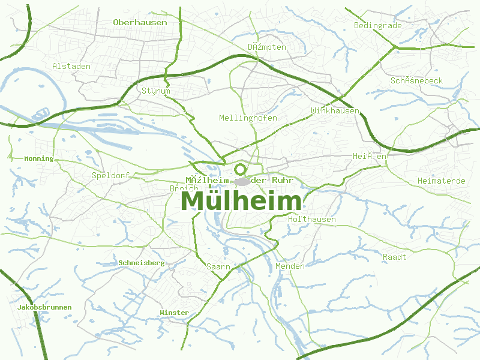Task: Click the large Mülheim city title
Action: pyautogui.click(x=241, y=201)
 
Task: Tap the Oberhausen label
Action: pyautogui.click(x=140, y=22)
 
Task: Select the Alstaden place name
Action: pyautogui.click(x=71, y=66)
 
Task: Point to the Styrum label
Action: pyautogui.click(x=156, y=91)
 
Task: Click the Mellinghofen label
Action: pyautogui.click(x=248, y=118)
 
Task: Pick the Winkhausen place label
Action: pyautogui.click(x=335, y=111)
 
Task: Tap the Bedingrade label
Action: pyautogui.click(x=377, y=26)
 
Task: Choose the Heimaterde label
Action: pyautogui.click(x=442, y=181)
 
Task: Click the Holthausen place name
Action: pyautogui.click(x=312, y=220)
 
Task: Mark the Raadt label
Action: pyautogui.click(x=394, y=257)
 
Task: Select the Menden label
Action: pyautogui.click(x=290, y=266)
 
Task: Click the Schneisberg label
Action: pyautogui.click(x=142, y=263)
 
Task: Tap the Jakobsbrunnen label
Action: pyautogui.click(x=45, y=307)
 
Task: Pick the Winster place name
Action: pyautogui.click(x=174, y=313)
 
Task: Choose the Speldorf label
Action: pyautogui.click(x=110, y=176)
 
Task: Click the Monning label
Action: pyautogui.click(x=39, y=159)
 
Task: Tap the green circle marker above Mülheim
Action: pyautogui.click(x=241, y=169)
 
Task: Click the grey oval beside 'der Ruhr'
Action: pyautogui.click(x=242, y=181)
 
